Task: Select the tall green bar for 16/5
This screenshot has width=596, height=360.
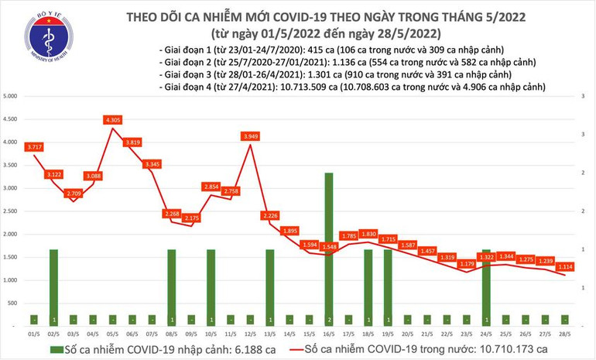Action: [x=329, y=248]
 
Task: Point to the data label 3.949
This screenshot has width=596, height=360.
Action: [x=250, y=136]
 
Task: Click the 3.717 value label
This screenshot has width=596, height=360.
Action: [x=33, y=146]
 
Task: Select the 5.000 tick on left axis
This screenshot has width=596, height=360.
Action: [x=11, y=96]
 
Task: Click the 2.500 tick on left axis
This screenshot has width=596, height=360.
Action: [x=11, y=211]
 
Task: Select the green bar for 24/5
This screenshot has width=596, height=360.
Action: [x=486, y=286]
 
